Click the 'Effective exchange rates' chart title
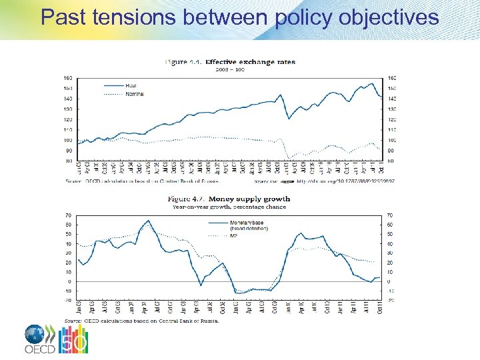tap(250, 62)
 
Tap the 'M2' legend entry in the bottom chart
tap(234, 235)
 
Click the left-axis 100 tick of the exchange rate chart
tap(69, 140)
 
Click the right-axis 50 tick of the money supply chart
tap(391, 234)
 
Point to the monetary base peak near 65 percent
tap(148, 221)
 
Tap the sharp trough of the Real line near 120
tap(289, 119)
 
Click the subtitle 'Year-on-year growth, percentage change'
tap(229, 207)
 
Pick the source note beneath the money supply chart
tap(141, 321)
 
